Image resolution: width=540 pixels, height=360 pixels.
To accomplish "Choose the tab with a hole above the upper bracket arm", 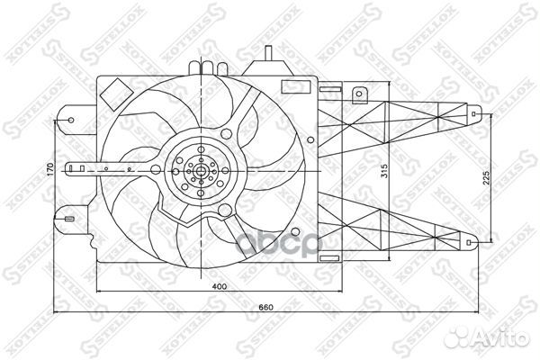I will pyautogui.click(x=360, y=92).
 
